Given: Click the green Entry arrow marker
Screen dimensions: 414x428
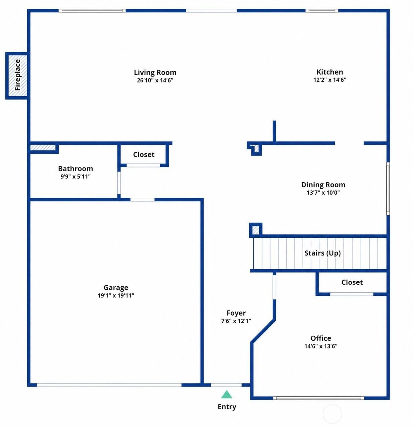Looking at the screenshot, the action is [226, 394].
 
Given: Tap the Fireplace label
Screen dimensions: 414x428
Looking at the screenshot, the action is [17, 75].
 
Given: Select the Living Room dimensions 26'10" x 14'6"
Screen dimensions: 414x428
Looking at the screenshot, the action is [155, 80].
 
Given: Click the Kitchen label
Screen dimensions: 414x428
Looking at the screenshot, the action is [329, 72].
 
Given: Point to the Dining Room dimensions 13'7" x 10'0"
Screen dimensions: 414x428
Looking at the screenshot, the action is [323, 193].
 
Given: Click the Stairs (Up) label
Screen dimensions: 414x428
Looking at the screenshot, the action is [322, 253].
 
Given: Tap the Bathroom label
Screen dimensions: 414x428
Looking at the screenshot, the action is [76, 169].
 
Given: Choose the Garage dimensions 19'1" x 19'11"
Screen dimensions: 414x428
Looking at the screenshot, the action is [116, 295].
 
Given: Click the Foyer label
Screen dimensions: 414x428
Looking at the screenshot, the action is [236, 313].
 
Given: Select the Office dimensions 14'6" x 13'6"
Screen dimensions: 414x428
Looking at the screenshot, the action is [321, 346].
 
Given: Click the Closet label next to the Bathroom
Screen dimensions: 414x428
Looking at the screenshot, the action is [144, 155].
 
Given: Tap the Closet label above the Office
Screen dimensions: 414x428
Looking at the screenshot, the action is [352, 282].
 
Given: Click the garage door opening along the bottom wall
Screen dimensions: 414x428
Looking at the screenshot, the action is [109, 385].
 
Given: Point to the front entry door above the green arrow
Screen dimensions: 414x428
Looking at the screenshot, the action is [226, 385].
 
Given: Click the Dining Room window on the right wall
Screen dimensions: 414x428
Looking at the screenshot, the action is [388, 188].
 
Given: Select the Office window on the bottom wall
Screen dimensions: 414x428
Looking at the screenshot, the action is [319, 398].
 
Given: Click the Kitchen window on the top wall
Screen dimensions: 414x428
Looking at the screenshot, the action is [322, 10].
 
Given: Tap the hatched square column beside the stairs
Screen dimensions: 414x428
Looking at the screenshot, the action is [256, 230].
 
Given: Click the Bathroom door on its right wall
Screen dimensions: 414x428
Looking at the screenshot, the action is [119, 183].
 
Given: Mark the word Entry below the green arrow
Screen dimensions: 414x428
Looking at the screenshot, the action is [227, 407].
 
